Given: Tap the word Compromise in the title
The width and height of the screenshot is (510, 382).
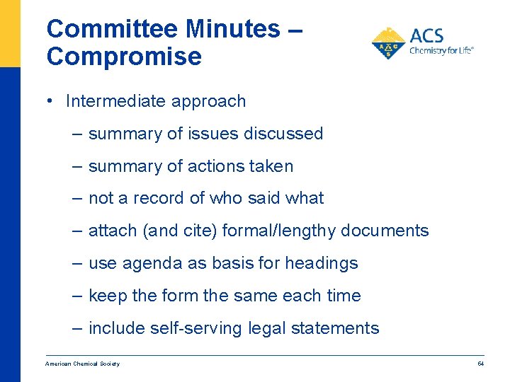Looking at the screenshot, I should [x=124, y=57].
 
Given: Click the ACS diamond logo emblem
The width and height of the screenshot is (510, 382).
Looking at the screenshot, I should [x=388, y=43].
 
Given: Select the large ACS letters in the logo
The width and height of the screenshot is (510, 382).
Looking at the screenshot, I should [x=429, y=37].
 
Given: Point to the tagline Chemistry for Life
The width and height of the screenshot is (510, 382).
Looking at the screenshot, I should [x=441, y=51].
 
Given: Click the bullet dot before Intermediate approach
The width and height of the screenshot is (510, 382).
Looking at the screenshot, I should [x=52, y=101].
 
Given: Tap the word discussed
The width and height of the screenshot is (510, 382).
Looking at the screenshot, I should [x=286, y=134].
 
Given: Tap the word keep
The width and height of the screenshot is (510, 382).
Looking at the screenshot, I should [x=108, y=296].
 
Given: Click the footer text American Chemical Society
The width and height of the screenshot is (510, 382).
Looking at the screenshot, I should [x=82, y=364].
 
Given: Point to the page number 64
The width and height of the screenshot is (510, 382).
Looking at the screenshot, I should [x=480, y=364].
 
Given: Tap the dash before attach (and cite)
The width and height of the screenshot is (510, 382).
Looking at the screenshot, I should [x=78, y=231].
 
